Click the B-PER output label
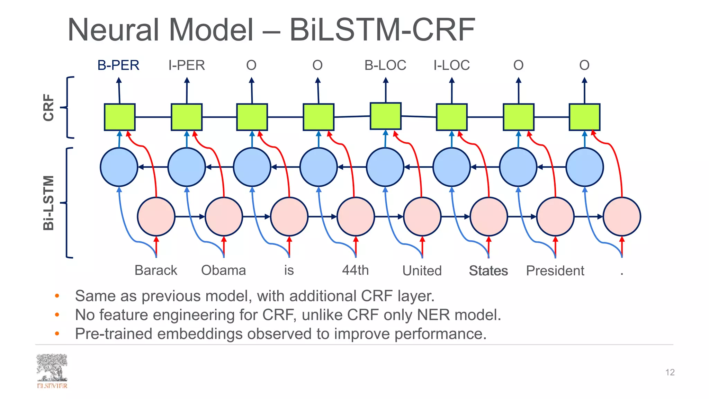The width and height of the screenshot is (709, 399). point(118,65)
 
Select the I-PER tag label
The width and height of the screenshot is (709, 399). point(187,65)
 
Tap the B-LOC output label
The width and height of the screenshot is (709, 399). point(385,65)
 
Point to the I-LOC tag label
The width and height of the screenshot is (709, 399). point(451,65)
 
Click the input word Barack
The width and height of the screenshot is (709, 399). point(156,270)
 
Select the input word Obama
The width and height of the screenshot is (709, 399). point(224,270)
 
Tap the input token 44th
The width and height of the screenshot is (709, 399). point(356,270)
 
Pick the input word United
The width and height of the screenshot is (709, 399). point(422,271)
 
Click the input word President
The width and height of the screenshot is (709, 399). point(555,271)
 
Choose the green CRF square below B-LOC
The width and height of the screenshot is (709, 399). point(386,116)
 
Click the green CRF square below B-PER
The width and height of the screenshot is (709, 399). point(120,117)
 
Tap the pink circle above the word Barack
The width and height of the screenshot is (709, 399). point(156,216)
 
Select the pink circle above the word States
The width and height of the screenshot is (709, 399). point(488,216)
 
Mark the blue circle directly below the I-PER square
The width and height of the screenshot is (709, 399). point(187,167)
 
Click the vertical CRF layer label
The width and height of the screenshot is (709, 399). point(49,107)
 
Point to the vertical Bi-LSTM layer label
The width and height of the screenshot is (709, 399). point(49,203)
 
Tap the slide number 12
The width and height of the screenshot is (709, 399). point(670,372)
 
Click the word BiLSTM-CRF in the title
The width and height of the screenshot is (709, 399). point(382,30)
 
